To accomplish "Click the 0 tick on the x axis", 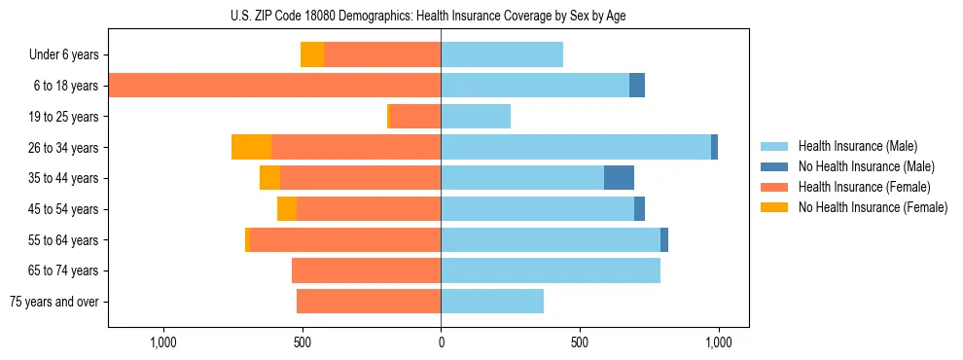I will (441, 342).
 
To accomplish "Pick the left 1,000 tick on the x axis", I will (162, 342).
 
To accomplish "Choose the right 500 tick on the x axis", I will (580, 342).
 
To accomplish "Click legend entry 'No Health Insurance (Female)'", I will (873, 207).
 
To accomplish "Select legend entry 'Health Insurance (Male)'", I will (858, 146).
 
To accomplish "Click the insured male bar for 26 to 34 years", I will (576, 147).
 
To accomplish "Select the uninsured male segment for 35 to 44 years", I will (619, 178).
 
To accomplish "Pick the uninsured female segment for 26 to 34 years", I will (251, 147).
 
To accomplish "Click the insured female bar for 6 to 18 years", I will (274, 86).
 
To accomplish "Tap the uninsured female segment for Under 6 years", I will (312, 54).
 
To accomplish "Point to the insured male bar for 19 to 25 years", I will (476, 117).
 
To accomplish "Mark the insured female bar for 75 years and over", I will (369, 302).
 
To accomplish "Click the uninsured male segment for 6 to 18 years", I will (637, 86).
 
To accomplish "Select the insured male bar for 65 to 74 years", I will (551, 270).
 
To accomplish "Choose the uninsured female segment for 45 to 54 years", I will (287, 209).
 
